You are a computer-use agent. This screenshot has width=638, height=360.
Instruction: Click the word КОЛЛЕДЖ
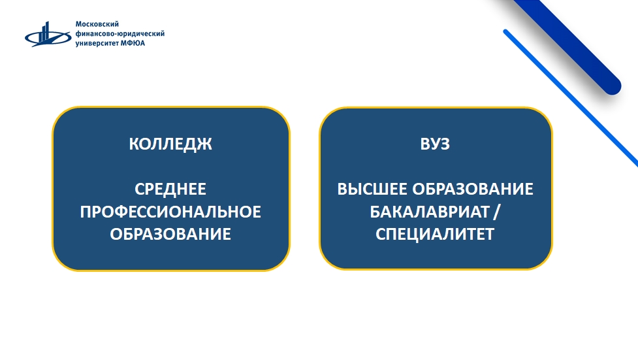(x=170, y=144)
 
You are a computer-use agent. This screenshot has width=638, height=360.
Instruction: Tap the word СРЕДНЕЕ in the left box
(x=170, y=189)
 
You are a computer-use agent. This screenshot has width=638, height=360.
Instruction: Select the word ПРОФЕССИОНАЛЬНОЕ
(x=170, y=212)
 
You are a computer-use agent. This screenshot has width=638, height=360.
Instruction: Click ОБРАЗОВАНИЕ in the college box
(x=170, y=234)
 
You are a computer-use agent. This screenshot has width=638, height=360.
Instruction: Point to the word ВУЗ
(x=435, y=144)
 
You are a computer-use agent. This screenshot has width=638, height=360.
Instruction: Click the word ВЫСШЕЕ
(x=372, y=189)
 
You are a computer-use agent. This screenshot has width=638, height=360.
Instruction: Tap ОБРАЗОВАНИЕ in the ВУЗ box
(x=473, y=189)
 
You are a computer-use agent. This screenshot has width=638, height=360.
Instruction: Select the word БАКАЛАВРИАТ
(x=429, y=212)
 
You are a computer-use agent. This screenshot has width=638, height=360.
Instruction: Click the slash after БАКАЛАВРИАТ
(x=496, y=212)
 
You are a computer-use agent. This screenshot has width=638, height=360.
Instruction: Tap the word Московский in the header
(x=97, y=24)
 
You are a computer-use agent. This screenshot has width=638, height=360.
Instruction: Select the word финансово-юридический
(x=120, y=33)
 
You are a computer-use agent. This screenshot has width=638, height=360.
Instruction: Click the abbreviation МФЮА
(x=133, y=43)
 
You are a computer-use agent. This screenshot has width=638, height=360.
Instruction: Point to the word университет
(x=97, y=43)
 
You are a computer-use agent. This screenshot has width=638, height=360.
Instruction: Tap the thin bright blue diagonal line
(x=571, y=98)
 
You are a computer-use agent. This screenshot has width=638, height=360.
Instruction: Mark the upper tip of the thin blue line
(x=505, y=32)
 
